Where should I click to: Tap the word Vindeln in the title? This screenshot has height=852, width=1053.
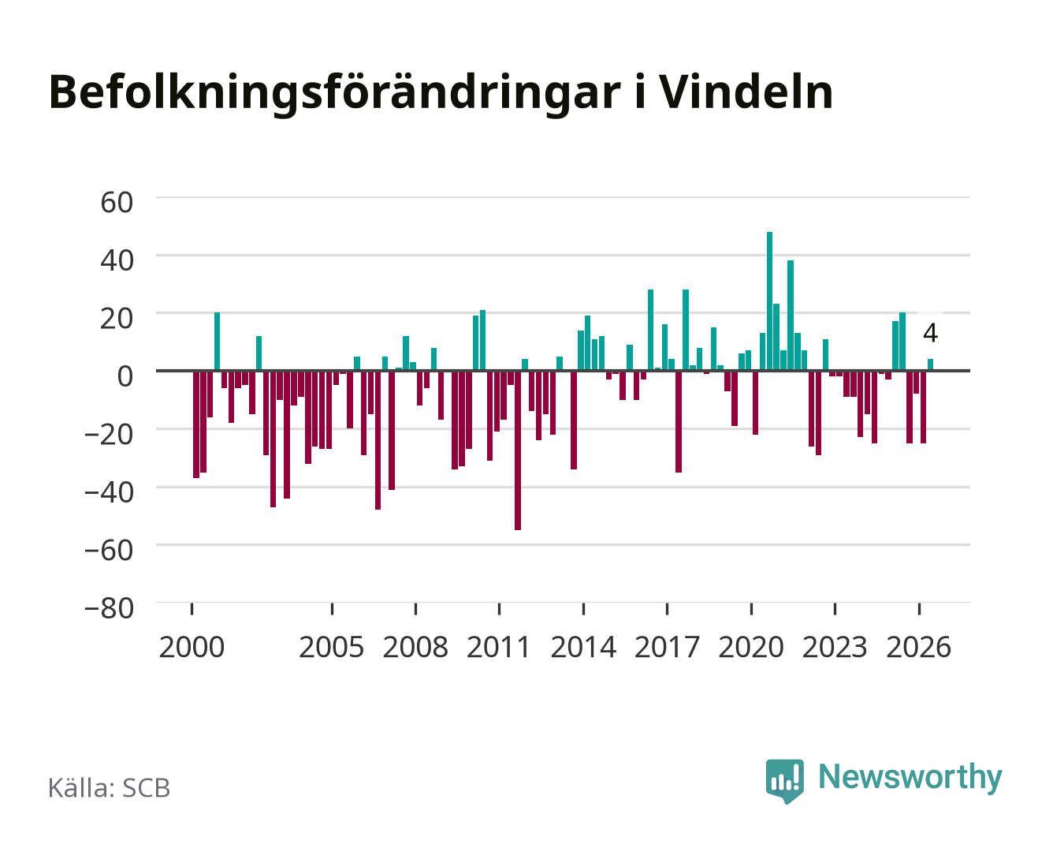(x=747, y=92)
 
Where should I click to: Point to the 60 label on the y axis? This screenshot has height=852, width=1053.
(x=117, y=203)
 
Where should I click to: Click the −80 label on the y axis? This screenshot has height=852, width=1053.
(x=109, y=608)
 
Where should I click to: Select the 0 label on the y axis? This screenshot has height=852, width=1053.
(x=125, y=376)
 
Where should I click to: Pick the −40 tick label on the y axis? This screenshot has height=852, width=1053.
(x=109, y=492)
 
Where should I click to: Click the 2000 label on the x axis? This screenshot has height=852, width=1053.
(x=192, y=647)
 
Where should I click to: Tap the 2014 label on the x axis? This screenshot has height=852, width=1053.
(x=583, y=647)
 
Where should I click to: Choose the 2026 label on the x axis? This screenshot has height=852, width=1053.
(x=918, y=647)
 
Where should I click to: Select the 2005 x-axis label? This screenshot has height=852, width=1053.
(x=332, y=647)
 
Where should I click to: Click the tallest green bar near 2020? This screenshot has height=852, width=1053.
(x=770, y=301)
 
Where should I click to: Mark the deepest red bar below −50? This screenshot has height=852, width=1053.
(x=518, y=450)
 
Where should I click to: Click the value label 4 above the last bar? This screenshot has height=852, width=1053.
(x=930, y=333)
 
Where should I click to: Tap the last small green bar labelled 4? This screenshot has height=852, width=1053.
(x=930, y=364)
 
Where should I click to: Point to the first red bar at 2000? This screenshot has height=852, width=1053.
(x=196, y=424)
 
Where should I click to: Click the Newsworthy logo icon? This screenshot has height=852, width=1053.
(x=785, y=781)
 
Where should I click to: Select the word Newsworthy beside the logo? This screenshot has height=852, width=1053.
(x=910, y=778)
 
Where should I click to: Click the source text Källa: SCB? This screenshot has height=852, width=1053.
(x=110, y=787)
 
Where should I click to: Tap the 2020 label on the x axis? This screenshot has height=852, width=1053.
(x=751, y=647)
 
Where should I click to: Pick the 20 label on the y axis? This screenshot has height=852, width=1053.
(x=117, y=319)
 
